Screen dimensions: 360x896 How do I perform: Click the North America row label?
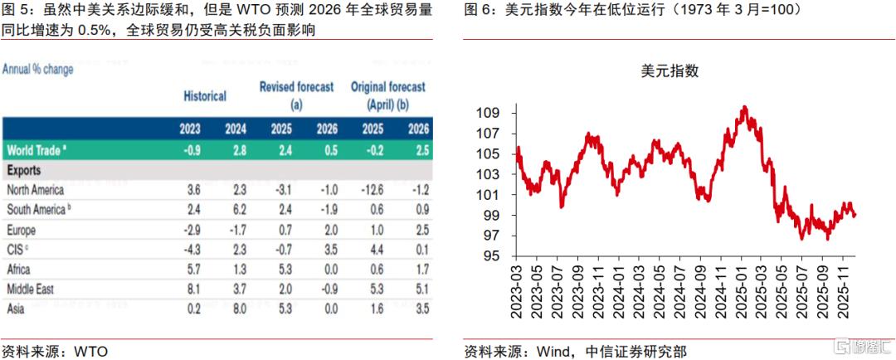point(37,189)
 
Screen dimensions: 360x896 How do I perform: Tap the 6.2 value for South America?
point(236,208)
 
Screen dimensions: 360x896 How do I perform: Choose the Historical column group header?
point(205,96)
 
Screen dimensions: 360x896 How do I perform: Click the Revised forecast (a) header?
point(296,95)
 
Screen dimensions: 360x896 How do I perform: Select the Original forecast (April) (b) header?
point(387,95)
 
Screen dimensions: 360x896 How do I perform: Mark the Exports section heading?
point(26,170)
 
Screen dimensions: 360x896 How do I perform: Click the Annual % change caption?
point(37,70)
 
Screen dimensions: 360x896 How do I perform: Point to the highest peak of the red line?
point(744,107)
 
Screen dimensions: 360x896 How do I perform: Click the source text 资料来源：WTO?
point(55,350)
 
